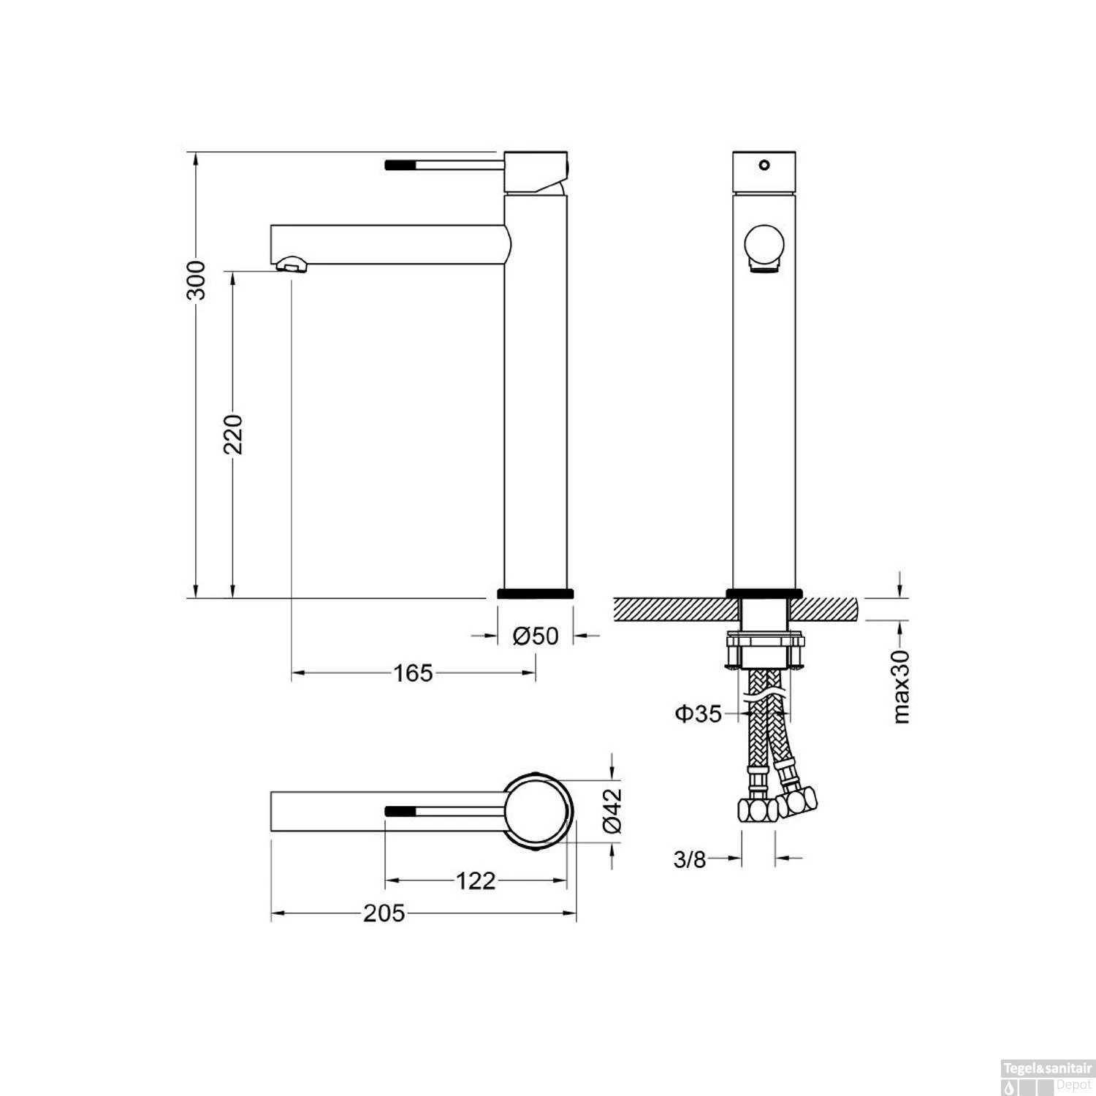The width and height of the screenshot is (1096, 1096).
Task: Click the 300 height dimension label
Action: coord(196,280)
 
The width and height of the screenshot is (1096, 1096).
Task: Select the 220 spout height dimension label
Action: coord(233,434)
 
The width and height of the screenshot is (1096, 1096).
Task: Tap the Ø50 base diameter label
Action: coord(536,636)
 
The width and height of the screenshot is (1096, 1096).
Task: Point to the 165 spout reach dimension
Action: coord(414,673)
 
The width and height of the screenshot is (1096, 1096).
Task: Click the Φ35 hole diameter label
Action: coord(698,713)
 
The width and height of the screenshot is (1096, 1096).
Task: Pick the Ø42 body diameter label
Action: coord(613,809)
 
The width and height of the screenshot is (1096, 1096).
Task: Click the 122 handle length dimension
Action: coord(476,880)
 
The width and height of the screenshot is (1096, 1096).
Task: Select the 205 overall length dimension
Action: coord(384,913)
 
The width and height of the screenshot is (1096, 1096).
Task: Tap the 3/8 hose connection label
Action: coord(690,859)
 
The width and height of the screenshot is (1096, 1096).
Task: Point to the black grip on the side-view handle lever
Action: coord(400,164)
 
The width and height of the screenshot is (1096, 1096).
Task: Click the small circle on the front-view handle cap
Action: coord(764,164)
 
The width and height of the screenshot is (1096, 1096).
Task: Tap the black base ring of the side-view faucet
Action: coord(536,593)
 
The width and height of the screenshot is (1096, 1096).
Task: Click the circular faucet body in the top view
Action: coord(537,811)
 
